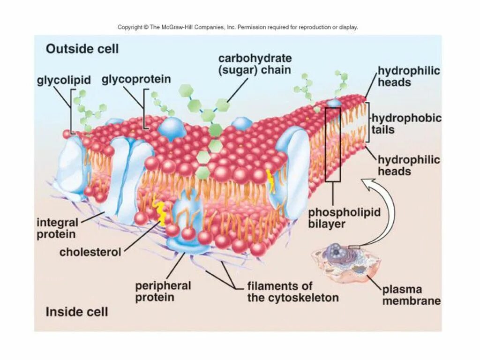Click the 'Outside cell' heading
click(82, 49)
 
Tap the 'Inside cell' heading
click(76, 312)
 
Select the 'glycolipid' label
click(64, 81)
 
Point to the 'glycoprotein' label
click(136, 79)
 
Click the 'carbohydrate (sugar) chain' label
click(255, 64)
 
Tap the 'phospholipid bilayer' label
click(344, 218)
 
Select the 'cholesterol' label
click(90, 252)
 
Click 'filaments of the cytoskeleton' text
click(293, 292)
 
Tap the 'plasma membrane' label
click(411, 295)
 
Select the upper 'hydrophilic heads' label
click(409, 76)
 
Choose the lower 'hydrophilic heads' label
click(409, 165)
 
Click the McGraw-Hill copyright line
click(238, 27)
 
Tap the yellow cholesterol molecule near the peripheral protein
click(162, 214)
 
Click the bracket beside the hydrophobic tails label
click(368, 122)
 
